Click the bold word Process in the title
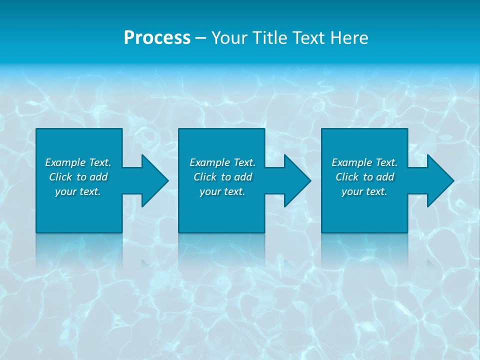pos(157,38)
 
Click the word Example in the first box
pos(65,162)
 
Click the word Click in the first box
pos(60,177)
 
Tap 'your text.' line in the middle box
pos(222,191)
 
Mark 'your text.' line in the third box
pos(364,191)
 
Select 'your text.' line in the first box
pos(78,191)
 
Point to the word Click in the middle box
pos(205,177)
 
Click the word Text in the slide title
pos(310,38)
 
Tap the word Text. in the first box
pos(100,162)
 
